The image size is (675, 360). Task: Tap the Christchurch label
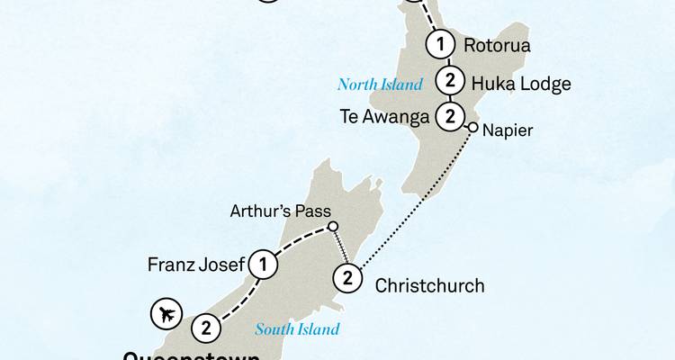point(428,286)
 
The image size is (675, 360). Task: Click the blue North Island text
point(380,85)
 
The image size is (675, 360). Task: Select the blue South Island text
point(297,329)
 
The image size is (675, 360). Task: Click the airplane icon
point(166,314)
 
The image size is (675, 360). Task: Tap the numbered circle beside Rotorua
point(441,42)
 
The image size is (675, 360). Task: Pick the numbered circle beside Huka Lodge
point(448,81)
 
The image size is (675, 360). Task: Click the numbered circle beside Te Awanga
point(448,115)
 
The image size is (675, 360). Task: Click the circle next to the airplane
point(206,328)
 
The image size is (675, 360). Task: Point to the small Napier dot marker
point(472,129)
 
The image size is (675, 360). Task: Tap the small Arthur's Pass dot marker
point(332,226)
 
